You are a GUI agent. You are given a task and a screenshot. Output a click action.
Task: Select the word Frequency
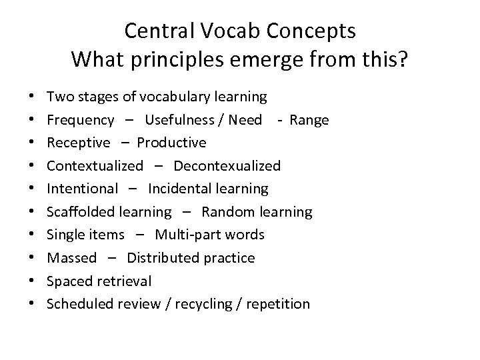pyautogui.click(x=81, y=120)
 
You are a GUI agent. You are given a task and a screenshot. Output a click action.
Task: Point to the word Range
pyautogui.click(x=309, y=120)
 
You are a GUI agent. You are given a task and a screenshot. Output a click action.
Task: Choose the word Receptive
pyautogui.click(x=79, y=143)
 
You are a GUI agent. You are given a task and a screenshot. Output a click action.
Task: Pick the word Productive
pyautogui.click(x=172, y=143)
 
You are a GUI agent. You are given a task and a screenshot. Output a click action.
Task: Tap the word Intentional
pyautogui.click(x=83, y=189)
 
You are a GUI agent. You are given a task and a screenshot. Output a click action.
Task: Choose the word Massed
pyautogui.click(x=72, y=258)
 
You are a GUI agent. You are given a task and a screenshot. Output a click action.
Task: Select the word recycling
pyautogui.click(x=212, y=305)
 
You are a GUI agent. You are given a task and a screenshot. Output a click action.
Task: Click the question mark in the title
pyautogui.click(x=403, y=61)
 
